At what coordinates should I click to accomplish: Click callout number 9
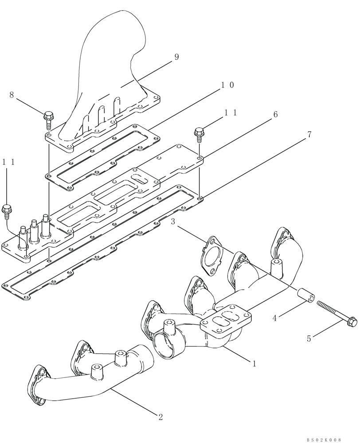click(x=176, y=57)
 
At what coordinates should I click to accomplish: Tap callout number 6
click(x=275, y=115)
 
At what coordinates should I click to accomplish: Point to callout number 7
click(x=309, y=135)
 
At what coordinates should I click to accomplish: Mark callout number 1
click(x=254, y=364)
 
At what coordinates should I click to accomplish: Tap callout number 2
click(x=160, y=416)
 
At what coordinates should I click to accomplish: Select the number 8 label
click(x=12, y=94)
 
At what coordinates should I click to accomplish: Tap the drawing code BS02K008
click(x=324, y=439)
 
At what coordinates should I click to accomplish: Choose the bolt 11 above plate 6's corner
click(x=199, y=133)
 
